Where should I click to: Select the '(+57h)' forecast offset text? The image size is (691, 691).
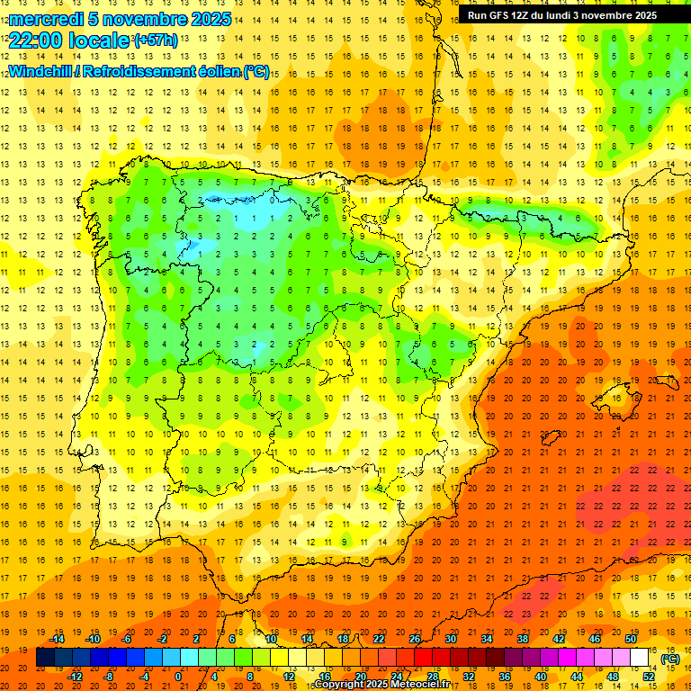pos(155,40)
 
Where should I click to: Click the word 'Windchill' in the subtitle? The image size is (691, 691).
pos(40,72)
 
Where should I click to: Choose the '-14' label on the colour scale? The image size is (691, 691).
pos(58,639)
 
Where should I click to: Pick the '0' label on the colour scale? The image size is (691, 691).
pos(178,676)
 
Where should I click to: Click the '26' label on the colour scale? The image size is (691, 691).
pos(415,639)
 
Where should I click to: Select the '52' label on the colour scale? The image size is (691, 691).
pos(649,676)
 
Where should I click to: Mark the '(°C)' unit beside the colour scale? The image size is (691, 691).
pos(670,659)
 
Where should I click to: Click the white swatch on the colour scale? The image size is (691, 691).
pos(640,658)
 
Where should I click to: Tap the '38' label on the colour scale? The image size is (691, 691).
pos(523,639)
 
